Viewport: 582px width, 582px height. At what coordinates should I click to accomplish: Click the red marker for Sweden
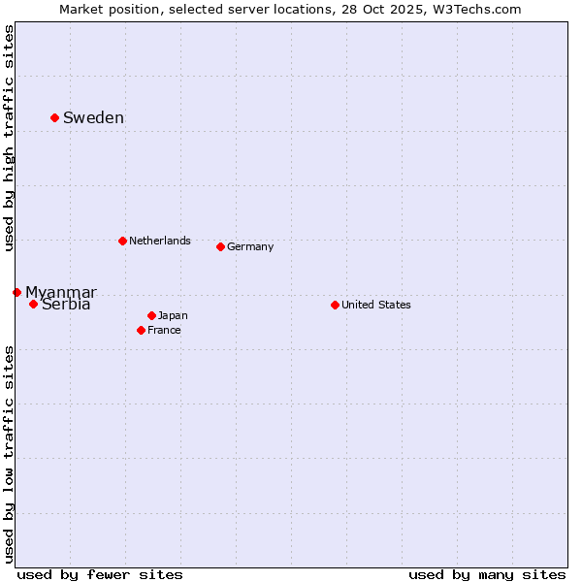[x=54, y=117]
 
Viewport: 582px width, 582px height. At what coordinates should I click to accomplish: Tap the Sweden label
[x=93, y=118]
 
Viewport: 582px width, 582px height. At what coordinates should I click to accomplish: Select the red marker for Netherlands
[x=122, y=241]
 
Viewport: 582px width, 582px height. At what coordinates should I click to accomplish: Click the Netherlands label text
[x=159, y=241]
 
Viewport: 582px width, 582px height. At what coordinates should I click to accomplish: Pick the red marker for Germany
[x=220, y=246]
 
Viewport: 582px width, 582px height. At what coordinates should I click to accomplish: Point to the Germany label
[x=250, y=246]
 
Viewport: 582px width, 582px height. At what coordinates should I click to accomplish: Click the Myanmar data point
[x=16, y=292]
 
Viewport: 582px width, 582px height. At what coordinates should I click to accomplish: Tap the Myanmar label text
[x=60, y=292]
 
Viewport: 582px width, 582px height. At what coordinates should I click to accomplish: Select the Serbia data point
[x=33, y=304]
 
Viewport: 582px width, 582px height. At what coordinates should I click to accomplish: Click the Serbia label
[x=66, y=305]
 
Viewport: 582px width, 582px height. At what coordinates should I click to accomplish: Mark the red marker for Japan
[x=151, y=315]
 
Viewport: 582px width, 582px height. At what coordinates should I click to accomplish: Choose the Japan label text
[x=173, y=315]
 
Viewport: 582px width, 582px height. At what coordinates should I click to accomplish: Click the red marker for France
[x=141, y=330]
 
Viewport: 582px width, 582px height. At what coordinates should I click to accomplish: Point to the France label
[x=164, y=330]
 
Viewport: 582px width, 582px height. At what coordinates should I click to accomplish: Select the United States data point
[x=335, y=305]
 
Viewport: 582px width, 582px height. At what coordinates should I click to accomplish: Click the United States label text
[x=375, y=305]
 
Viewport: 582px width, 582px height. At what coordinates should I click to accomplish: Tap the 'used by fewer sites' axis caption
[x=100, y=574]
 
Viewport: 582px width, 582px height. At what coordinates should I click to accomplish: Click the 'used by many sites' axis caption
[x=487, y=574]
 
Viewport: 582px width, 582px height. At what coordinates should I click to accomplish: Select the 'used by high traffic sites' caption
[x=9, y=138]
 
